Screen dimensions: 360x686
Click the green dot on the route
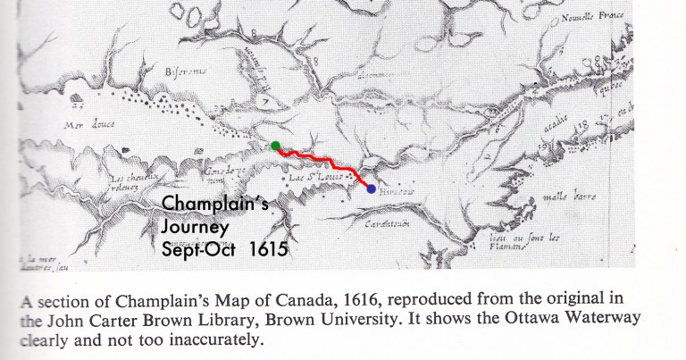coord(277,146)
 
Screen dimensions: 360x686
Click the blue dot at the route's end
coord(371,188)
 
